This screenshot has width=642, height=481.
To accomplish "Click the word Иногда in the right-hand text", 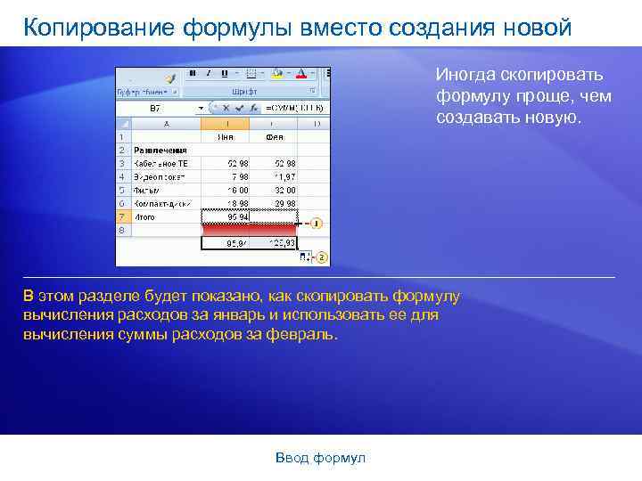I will pos(464,75).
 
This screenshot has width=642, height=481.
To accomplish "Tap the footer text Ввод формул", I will pos(320,457).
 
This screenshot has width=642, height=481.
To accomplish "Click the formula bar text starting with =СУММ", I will pos(293,108).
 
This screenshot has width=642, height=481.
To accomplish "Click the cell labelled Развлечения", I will pos(160,151).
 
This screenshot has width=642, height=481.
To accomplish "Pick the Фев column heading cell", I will pos(275,137).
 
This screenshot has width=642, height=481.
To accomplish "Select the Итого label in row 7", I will pos(144,216).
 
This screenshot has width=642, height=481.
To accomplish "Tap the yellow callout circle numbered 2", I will pos(322,257).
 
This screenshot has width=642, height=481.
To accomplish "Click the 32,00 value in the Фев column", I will pos(284,190).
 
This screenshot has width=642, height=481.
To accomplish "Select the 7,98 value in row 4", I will pos(239,176).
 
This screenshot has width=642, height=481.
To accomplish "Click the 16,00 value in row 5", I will pos(238,190).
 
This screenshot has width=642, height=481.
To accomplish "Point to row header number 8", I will pos(122,230).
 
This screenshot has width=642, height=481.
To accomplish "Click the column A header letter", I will pos(166,124).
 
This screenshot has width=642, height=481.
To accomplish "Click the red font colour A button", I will pos(301,74).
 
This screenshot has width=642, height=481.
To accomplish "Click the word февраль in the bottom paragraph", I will pos(306,335).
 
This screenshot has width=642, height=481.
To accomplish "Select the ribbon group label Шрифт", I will pos(244,91).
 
